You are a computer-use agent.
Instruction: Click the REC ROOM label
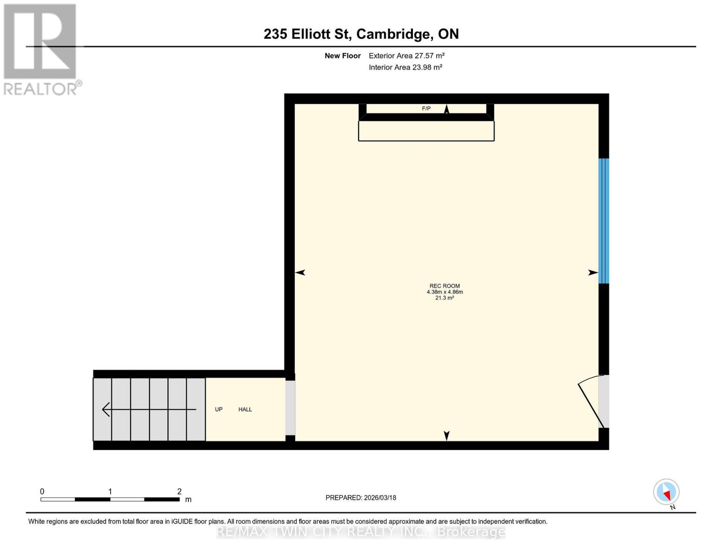click(x=444, y=286)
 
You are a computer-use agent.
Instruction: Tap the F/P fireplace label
click(x=426, y=108)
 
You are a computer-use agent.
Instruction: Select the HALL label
click(x=245, y=409)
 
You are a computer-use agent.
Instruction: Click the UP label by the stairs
click(x=219, y=409)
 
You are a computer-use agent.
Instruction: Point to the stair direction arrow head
click(x=106, y=409)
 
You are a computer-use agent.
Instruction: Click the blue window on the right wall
click(x=603, y=221)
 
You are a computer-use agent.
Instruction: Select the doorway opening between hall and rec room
click(x=290, y=408)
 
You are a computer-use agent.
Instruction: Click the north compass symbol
click(x=666, y=492)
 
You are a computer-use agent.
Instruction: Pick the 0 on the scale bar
click(x=42, y=492)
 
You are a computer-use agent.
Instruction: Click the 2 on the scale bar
click(x=179, y=492)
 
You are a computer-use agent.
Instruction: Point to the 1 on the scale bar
click(x=110, y=492)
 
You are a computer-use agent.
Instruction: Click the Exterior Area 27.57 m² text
click(x=406, y=55)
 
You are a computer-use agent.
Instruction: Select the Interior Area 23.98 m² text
click(x=405, y=67)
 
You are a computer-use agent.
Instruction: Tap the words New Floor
click(x=343, y=56)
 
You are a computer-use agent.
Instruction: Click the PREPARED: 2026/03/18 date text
click(x=361, y=498)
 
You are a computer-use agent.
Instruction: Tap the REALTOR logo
click(x=41, y=49)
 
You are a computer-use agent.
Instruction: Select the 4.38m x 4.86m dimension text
click(x=444, y=292)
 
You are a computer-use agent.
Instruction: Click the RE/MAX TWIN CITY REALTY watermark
click(x=361, y=531)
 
